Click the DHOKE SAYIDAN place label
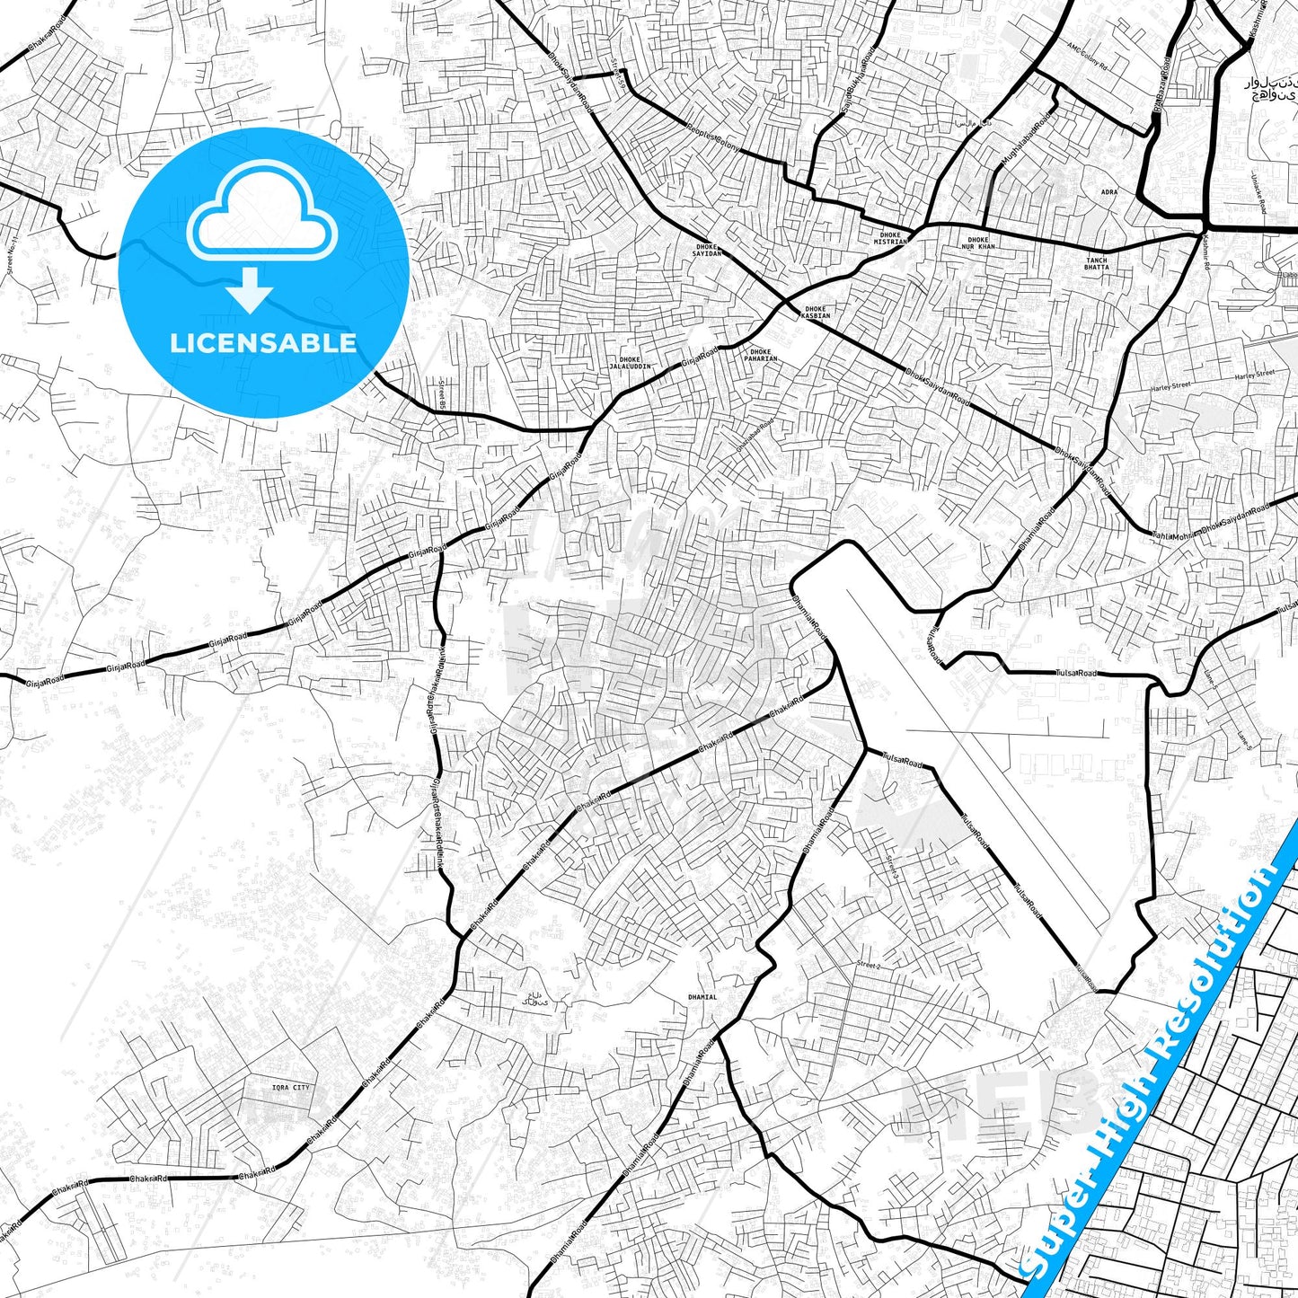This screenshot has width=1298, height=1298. point(708,250)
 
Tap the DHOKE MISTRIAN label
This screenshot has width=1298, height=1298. point(891,238)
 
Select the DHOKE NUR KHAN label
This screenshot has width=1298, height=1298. point(978,243)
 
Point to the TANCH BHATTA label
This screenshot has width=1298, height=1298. point(1096,263)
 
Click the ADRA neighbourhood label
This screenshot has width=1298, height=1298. point(1109,192)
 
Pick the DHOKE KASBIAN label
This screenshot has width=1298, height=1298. point(816,313)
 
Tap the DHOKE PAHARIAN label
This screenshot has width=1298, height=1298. point(760,355)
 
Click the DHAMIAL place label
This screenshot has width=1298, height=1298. point(702,997)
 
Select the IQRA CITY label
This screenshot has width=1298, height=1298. point(290,1088)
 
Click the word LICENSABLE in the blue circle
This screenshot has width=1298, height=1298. point(263,342)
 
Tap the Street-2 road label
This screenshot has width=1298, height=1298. point(868,965)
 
